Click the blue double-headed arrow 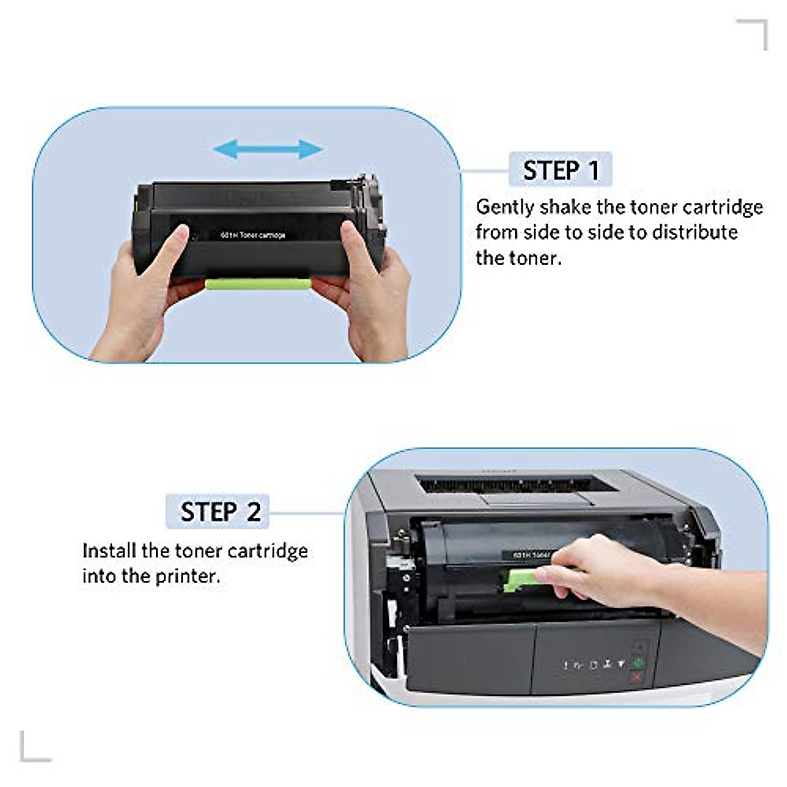268,150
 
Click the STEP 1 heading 561,171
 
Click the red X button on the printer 636,676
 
